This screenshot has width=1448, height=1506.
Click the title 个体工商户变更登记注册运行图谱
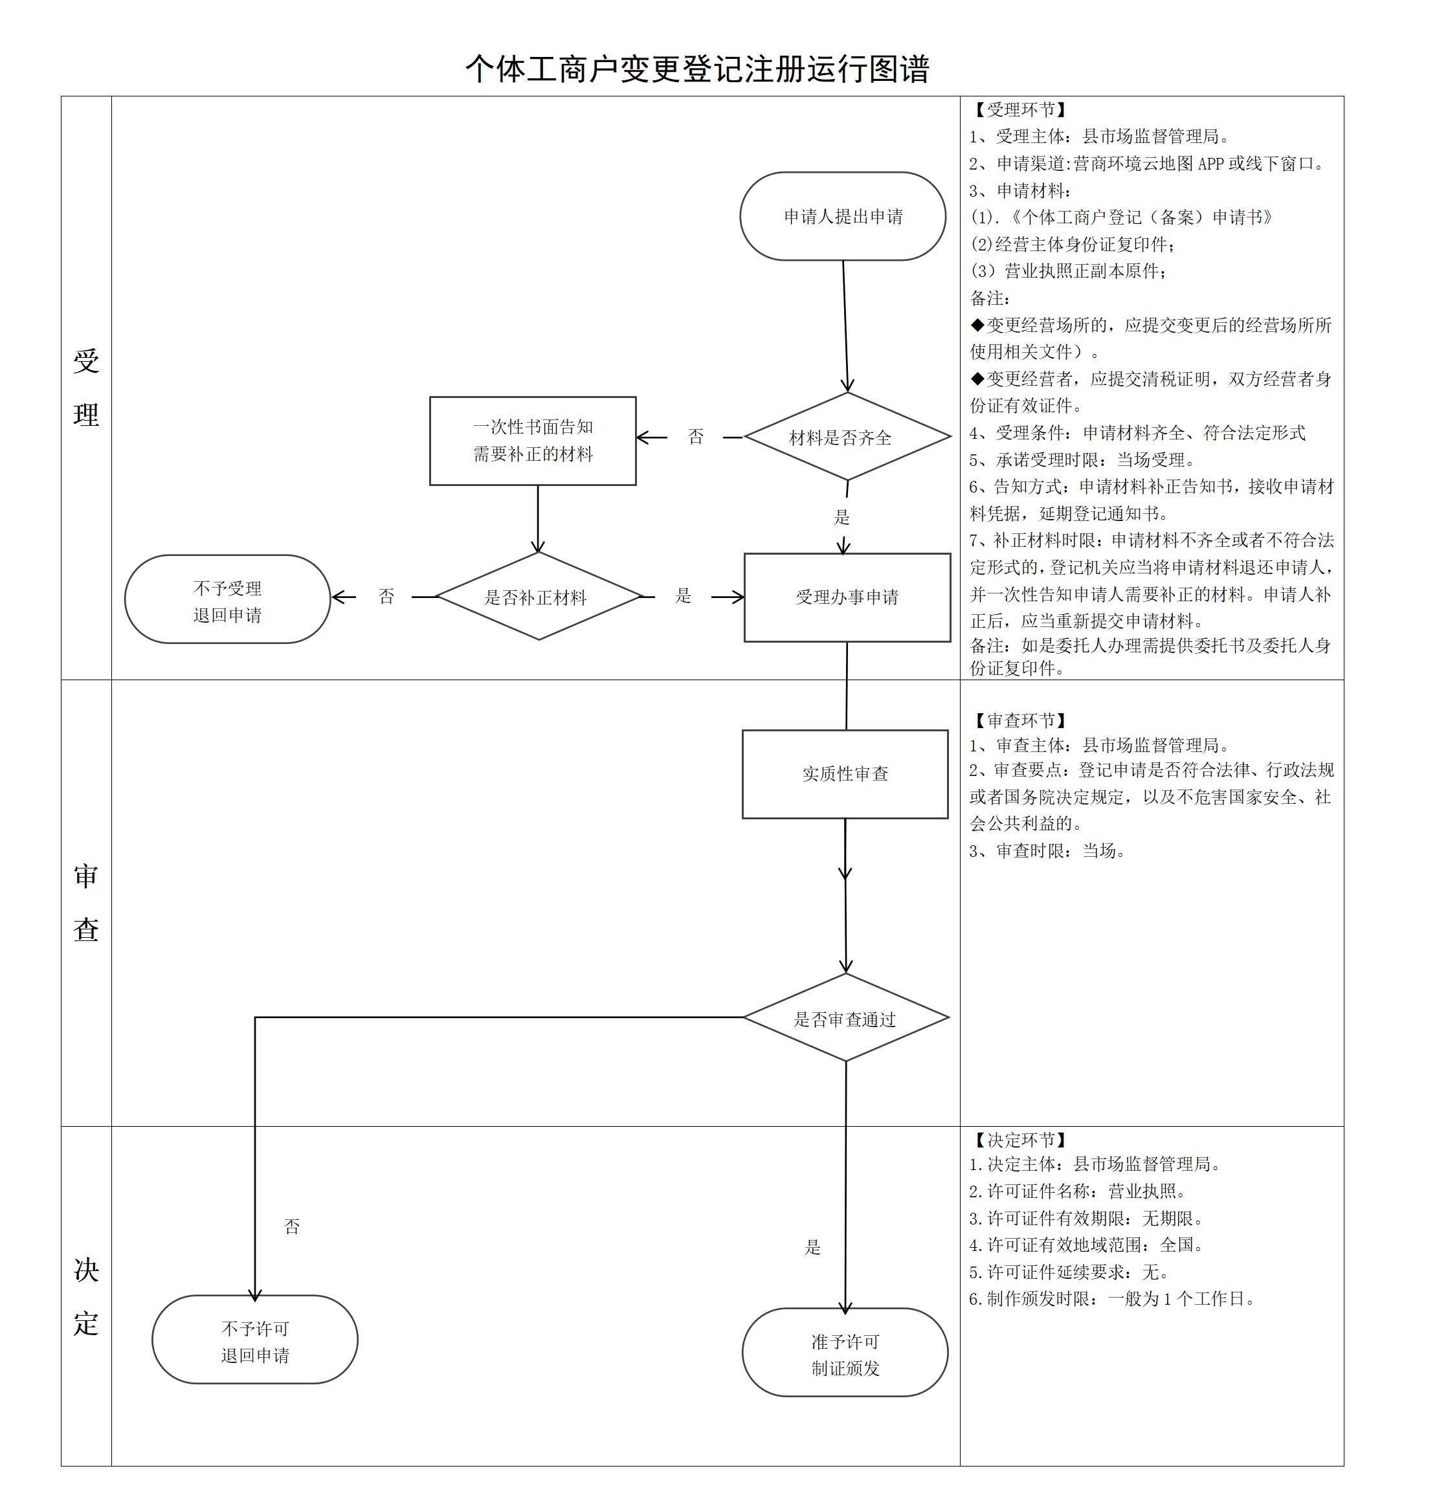697,69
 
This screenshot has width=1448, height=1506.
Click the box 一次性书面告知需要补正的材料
533,441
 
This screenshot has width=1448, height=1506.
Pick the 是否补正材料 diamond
538,597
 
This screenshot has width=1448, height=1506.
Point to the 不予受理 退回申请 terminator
227,600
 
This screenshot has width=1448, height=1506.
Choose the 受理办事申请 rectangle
847,597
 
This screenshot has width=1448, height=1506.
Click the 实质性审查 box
845,774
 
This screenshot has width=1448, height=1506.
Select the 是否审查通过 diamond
845,1019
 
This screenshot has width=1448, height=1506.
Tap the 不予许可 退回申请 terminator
255,1341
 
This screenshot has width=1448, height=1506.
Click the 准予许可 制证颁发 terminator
845,1354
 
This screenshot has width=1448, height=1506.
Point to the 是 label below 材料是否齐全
842,517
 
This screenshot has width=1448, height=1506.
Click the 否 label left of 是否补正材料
386,596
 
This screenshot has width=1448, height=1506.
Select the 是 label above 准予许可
812,1247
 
